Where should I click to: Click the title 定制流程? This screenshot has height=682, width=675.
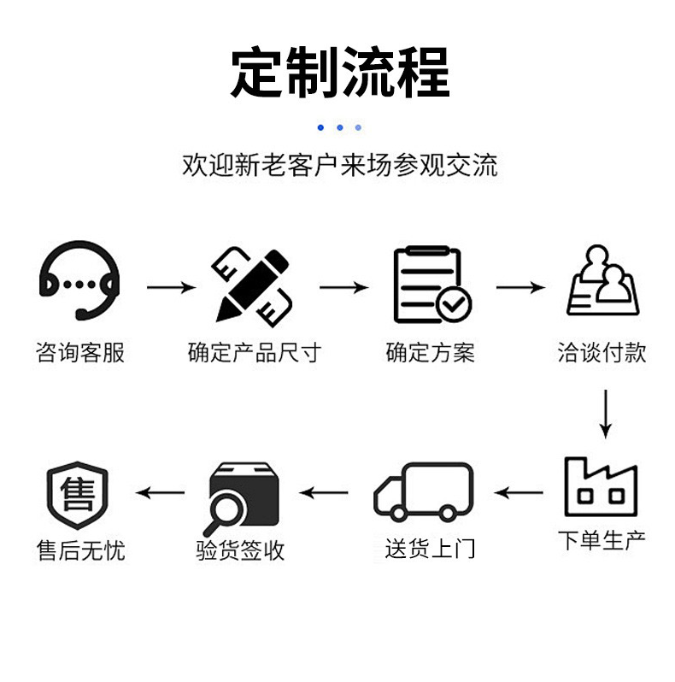pyautogui.click(x=339, y=73)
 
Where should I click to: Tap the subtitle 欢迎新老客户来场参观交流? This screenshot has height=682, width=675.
pyautogui.click(x=339, y=165)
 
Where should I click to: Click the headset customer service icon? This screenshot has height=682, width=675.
pyautogui.click(x=79, y=280)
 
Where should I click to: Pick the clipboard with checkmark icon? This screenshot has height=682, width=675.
pyautogui.click(x=430, y=285)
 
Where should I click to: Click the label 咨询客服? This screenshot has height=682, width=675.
pyautogui.click(x=80, y=352)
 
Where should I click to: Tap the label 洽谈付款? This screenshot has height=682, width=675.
pyautogui.click(x=602, y=352)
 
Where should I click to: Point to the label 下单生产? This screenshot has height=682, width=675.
pyautogui.click(x=602, y=540)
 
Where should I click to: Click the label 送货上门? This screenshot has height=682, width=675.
pyautogui.click(x=429, y=549)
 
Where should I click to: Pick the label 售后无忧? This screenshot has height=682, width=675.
pyautogui.click(x=80, y=550)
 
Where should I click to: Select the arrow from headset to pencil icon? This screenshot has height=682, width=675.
pyautogui.click(x=170, y=287)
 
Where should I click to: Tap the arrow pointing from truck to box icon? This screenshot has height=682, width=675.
pyautogui.click(x=324, y=492)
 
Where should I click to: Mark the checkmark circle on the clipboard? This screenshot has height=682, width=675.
pyautogui.click(x=453, y=303)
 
